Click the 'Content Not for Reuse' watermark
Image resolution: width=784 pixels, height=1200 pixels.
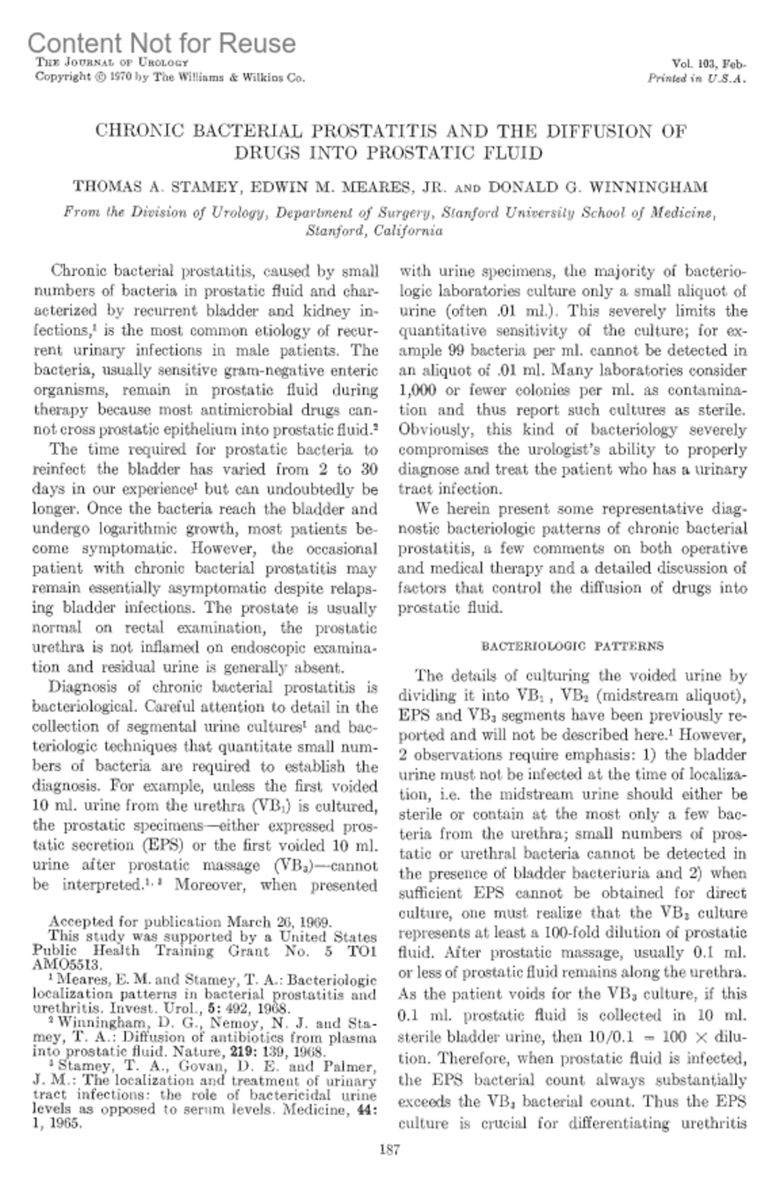pyautogui.click(x=161, y=43)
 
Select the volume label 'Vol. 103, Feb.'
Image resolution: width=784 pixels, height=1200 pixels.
pyautogui.click(x=709, y=64)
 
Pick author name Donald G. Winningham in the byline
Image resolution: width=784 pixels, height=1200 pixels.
pyautogui.click(x=598, y=187)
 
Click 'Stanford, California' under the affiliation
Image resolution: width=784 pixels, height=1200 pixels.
pyautogui.click(x=374, y=230)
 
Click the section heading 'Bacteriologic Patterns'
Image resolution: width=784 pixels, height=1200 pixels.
pyautogui.click(x=572, y=646)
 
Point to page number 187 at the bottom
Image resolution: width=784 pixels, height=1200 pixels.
pyautogui.click(x=389, y=1168)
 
